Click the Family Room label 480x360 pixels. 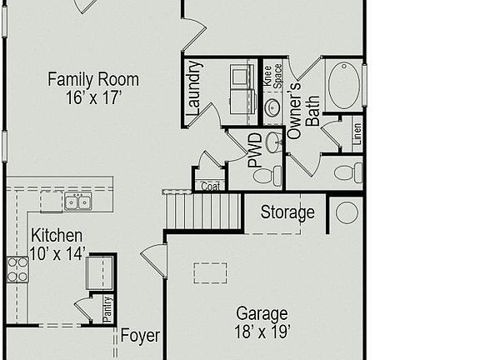click(92, 80)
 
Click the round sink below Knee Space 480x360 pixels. click(272, 107)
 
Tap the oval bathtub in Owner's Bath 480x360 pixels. click(343, 85)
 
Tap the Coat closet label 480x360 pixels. click(210, 187)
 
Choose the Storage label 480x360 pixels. click(287, 212)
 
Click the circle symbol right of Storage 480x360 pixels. click(347, 212)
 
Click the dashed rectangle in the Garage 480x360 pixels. click(211, 273)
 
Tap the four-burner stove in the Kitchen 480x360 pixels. click(17, 267)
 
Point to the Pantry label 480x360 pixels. click(107, 307)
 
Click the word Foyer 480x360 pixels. click(140, 336)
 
